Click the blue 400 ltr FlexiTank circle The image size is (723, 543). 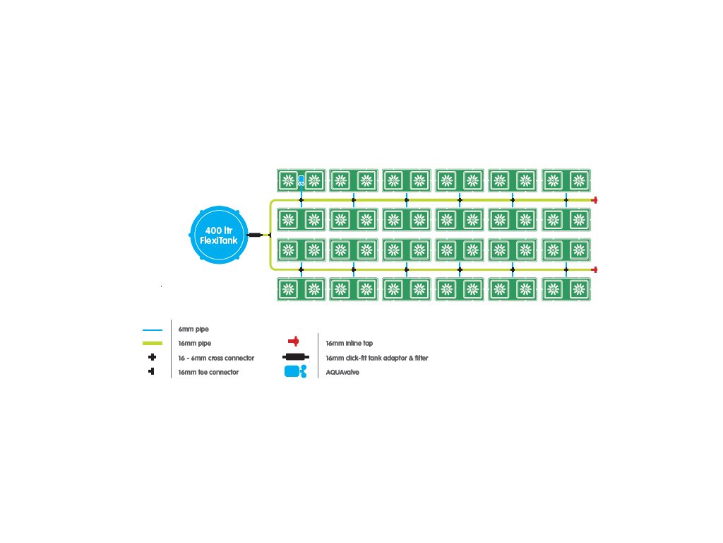tap(219, 235)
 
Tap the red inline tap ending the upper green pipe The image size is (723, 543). tap(594, 200)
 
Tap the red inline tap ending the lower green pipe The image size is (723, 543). tap(594, 269)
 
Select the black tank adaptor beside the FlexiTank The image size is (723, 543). tap(255, 235)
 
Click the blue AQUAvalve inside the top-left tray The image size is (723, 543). tap(301, 180)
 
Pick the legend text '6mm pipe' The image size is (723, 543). tap(193, 329)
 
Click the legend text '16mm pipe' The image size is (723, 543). tap(195, 343)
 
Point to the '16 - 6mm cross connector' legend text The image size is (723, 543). tap(216, 358)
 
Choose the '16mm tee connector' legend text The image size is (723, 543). tap(208, 372)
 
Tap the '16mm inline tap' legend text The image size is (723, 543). tap(349, 343)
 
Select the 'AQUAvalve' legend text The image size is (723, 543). tap(342, 372)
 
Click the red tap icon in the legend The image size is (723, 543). tap(294, 341)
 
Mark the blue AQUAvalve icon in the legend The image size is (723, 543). tap(296, 371)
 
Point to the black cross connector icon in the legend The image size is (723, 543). tap(153, 357)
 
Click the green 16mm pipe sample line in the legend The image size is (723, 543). tap(153, 343)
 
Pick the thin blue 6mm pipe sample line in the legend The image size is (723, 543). tap(153, 330)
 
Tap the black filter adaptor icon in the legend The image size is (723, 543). tap(296, 357)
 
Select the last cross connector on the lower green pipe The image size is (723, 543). tap(566, 269)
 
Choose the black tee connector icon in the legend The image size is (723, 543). tap(151, 371)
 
